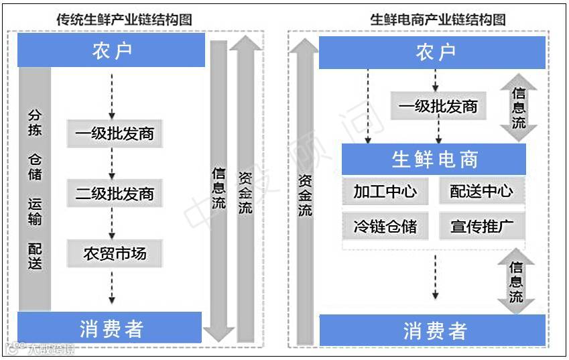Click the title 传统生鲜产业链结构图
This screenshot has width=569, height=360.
coord(124,19)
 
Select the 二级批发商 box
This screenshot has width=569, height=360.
coord(115,194)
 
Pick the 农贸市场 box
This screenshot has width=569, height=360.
coord(115,254)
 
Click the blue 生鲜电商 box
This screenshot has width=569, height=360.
coord(434,160)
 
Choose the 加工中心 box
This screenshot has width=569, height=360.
coord(385,192)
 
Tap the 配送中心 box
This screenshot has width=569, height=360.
coord(481,192)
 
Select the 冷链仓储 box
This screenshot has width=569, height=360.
coord(385,227)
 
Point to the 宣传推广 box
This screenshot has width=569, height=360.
coord(481,227)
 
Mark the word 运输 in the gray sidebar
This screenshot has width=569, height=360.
coord(35,211)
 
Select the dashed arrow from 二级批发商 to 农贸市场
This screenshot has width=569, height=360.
coord(112,224)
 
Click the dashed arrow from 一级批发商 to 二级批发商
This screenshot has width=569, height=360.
coord(112,164)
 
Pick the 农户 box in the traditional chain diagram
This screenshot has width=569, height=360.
coord(111,51)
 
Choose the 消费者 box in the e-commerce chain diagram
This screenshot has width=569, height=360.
coord(434,331)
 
